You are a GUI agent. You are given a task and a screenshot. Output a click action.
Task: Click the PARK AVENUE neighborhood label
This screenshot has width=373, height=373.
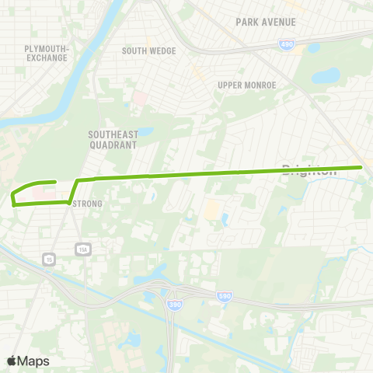click(265, 22)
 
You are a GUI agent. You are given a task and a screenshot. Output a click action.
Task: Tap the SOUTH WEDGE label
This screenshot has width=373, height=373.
click(148, 51)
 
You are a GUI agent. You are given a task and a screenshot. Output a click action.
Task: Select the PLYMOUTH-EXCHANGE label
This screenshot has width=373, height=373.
click(47, 53)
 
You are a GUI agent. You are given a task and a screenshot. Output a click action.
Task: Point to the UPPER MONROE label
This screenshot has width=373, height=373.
click(246, 85)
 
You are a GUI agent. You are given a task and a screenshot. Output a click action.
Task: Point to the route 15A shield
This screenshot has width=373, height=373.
click(82, 249)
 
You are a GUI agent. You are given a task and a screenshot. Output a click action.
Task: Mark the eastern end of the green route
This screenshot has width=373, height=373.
click(361, 167)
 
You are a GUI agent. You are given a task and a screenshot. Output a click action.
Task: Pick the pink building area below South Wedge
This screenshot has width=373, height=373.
click(141, 99)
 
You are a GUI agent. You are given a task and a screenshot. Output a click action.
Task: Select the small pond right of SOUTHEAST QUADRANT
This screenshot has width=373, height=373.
click(145, 132)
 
